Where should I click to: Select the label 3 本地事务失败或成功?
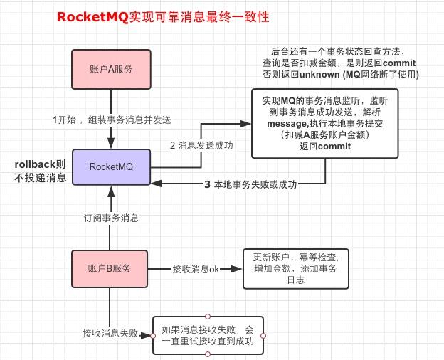250,184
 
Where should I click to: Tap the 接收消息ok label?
195,270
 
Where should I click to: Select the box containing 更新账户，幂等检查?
296,269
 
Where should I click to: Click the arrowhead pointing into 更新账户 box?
238,270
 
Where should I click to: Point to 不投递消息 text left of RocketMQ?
41,179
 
